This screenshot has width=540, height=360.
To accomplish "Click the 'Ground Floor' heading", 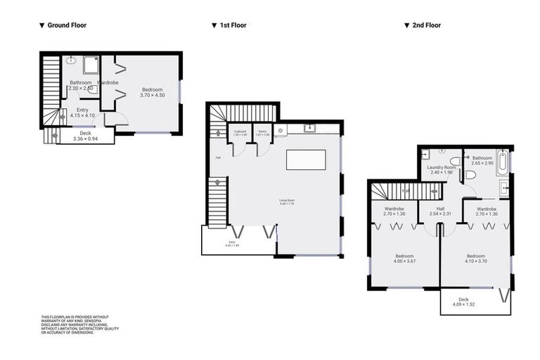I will click(66, 25).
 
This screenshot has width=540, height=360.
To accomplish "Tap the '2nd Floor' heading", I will click(427, 25).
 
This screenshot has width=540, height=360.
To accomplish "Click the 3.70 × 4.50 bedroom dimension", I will click(152, 96).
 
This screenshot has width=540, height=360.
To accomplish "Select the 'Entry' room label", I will click(82, 110).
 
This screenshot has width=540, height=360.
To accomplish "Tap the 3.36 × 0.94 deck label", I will click(85, 139).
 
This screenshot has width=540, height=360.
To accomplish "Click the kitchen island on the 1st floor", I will click(307, 160).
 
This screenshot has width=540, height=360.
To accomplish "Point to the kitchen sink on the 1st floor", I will click(309, 129).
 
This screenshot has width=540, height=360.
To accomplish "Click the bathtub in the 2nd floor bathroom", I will click(502, 162).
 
